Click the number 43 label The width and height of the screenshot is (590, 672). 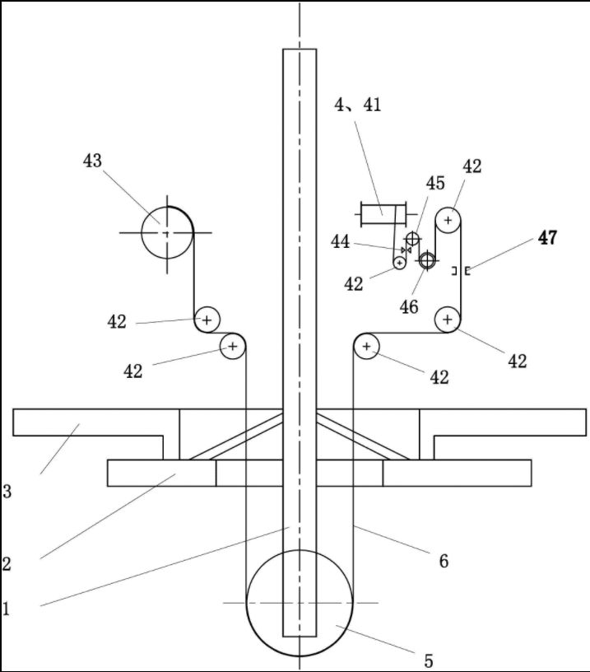[92, 161]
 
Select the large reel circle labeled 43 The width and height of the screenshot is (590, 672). [167, 232]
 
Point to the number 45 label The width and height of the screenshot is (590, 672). [435, 183]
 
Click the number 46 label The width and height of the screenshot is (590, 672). [409, 307]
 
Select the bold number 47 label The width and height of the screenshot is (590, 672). [547, 238]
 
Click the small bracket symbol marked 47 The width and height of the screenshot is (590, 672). [461, 270]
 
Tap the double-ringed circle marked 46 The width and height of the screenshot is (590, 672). [427, 261]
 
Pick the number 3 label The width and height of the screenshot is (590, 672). [7, 492]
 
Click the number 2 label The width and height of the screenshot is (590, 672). [7, 564]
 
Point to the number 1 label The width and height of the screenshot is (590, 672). [7, 609]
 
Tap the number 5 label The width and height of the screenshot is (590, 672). [428, 660]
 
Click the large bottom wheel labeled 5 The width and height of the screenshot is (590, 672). [300, 603]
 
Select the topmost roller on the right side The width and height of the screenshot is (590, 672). [448, 220]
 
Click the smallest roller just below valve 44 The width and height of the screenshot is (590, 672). [400, 262]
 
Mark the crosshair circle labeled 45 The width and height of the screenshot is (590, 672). [412, 239]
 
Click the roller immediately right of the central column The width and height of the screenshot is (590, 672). [366, 347]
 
